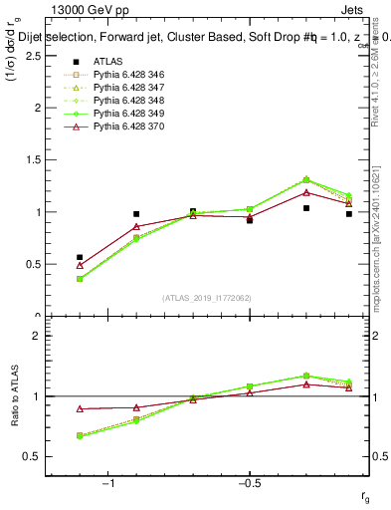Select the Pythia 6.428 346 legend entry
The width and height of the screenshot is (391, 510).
tap(120, 75)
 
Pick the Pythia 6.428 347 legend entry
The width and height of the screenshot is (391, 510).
tap(120, 88)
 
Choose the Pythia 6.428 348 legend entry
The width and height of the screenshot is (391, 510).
tap(120, 101)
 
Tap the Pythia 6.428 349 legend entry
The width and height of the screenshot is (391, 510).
tap(120, 114)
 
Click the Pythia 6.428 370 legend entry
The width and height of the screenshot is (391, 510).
tap(120, 127)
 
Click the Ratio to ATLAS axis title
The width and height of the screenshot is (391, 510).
tap(15, 395)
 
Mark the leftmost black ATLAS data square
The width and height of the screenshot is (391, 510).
tap(80, 257)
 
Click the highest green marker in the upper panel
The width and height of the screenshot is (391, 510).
tap(306, 179)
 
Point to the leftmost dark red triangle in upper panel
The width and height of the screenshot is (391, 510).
tap(80, 265)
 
